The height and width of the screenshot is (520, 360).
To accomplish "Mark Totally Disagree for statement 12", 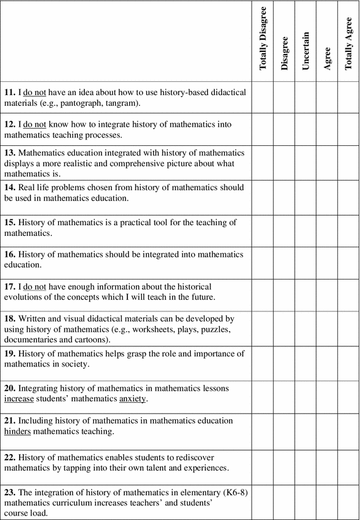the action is [263, 129].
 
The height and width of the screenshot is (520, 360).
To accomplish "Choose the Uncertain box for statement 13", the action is [305, 163].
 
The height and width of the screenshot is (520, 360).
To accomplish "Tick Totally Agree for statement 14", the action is [348, 197].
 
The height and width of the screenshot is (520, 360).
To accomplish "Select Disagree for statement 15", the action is [285, 231].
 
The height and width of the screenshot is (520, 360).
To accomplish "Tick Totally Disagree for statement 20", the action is [263, 397].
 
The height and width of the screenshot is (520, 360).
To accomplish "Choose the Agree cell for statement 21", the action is [327, 431].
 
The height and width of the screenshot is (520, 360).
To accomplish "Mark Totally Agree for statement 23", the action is [348, 502].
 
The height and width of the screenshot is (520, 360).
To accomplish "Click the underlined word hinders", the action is [21, 432].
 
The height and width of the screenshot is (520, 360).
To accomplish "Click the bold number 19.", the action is [10, 353].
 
